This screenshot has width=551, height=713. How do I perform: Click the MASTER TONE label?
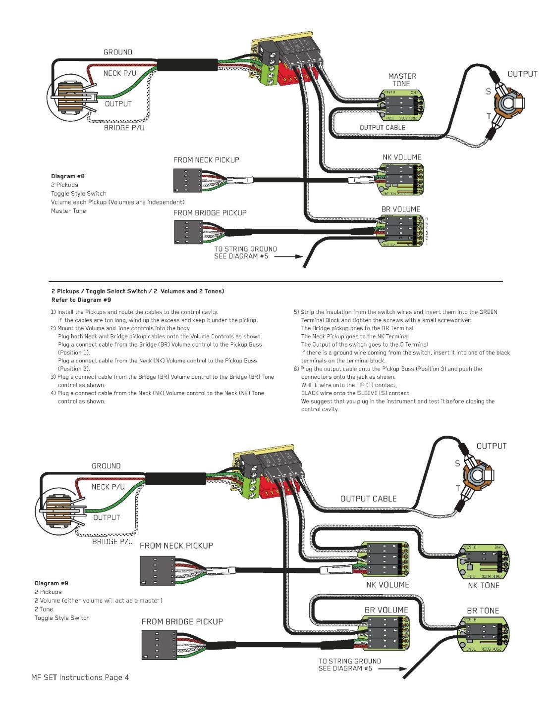402,80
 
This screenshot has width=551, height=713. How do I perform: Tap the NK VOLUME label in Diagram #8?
401,157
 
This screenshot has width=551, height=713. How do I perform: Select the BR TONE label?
483,611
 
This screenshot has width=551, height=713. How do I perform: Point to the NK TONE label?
483,585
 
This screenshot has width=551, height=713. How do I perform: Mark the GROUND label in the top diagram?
117,52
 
